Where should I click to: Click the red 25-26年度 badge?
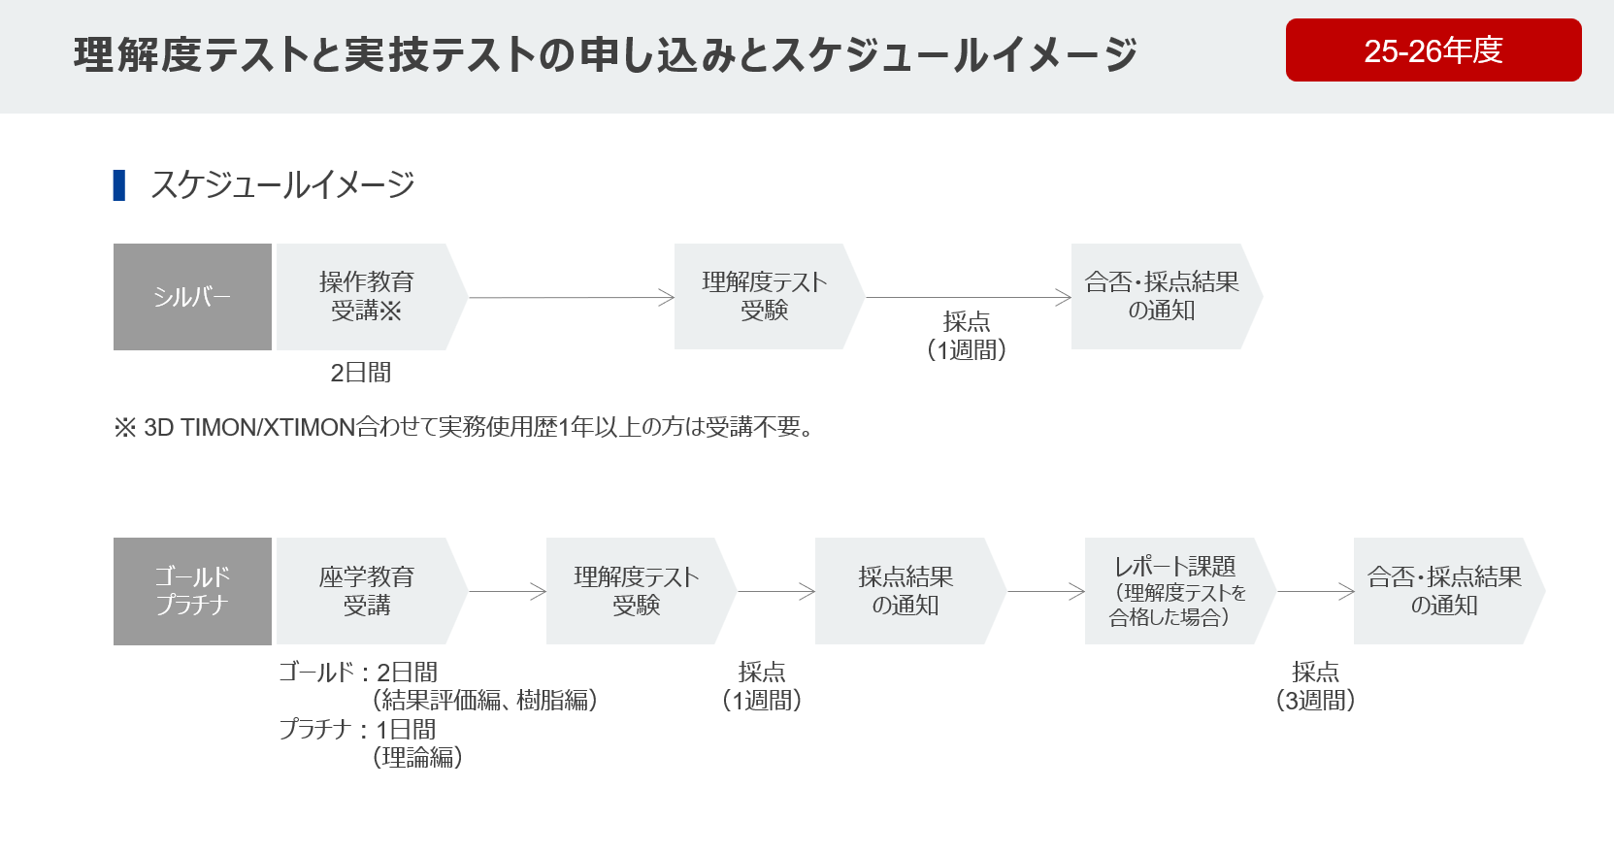tap(1433, 50)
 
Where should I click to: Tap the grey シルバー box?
tap(192, 297)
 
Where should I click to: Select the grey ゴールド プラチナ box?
tap(192, 591)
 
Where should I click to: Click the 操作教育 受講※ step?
tap(366, 297)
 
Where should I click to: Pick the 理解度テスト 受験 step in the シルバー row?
tap(764, 297)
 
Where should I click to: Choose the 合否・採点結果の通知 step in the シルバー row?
tap(1161, 297)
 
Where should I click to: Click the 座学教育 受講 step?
tap(366, 591)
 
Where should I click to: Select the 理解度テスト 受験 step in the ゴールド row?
tap(636, 591)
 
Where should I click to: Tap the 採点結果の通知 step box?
tap(905, 591)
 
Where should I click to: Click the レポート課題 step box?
tap(1174, 591)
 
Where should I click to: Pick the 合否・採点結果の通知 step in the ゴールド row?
tap(1443, 591)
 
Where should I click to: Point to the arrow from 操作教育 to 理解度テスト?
tap(571, 298)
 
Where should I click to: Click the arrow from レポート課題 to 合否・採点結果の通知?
tap(1315, 591)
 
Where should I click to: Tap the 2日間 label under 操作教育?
tap(360, 373)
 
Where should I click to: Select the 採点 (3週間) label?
tap(1315, 686)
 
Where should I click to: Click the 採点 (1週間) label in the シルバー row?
tap(967, 336)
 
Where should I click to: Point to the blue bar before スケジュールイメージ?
tap(119, 184)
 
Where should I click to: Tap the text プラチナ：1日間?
tap(357, 729)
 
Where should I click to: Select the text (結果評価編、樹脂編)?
tap(484, 700)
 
